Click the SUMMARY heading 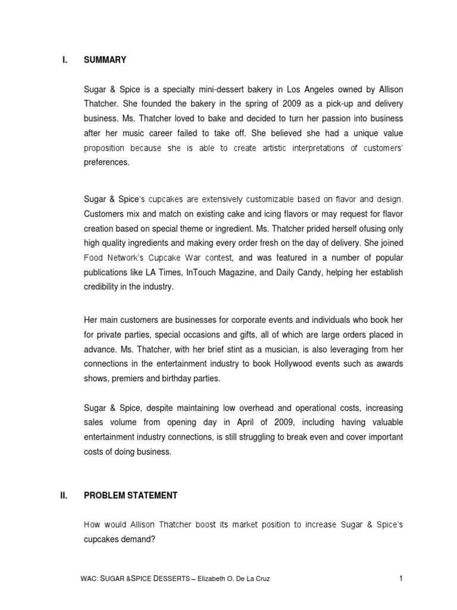tap(105, 60)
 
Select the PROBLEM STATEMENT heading tap(130, 494)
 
